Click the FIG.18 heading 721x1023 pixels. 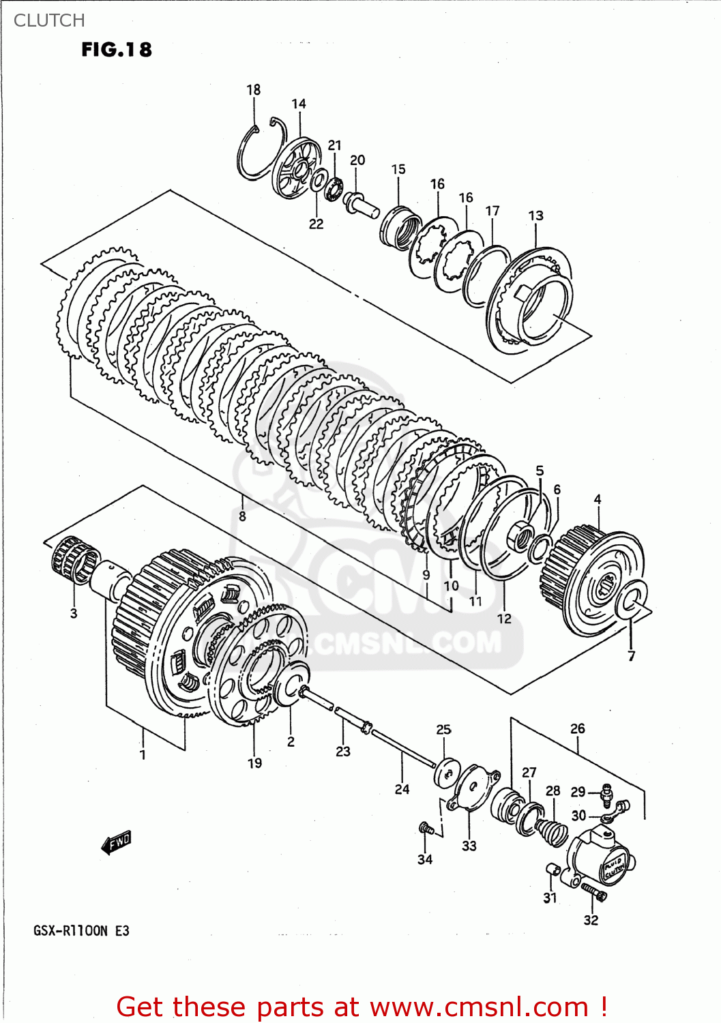[x=117, y=50]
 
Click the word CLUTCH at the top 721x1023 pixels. [x=49, y=20]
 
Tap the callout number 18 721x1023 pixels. [x=253, y=89]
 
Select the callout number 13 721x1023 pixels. [x=535, y=216]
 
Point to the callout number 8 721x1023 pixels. [x=242, y=516]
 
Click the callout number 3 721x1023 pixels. [x=74, y=613]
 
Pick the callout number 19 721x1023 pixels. [x=254, y=763]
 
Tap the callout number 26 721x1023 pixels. [x=577, y=728]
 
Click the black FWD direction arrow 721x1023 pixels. [x=116, y=843]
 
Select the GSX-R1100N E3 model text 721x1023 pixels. [x=81, y=931]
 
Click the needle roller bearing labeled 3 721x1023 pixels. [x=74, y=560]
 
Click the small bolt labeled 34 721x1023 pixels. [x=426, y=828]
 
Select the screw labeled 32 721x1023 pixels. [x=593, y=891]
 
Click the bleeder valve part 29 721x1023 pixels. [x=606, y=793]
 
